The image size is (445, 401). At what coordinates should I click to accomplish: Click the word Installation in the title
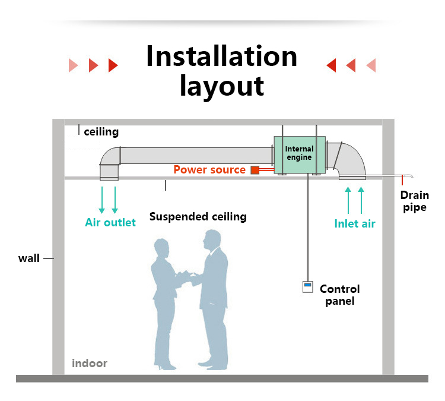(x=221, y=56)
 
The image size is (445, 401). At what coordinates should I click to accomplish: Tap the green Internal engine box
(x=300, y=154)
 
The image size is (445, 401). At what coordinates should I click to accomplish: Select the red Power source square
(x=255, y=170)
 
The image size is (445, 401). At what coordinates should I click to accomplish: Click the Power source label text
(x=209, y=170)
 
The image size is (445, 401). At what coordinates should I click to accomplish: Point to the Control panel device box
(x=307, y=287)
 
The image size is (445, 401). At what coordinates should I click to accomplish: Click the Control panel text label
(x=339, y=295)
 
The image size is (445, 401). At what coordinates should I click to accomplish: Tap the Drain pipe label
(x=414, y=201)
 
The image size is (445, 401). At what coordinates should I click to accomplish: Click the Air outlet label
(x=110, y=223)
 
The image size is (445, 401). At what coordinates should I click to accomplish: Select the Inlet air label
(x=354, y=224)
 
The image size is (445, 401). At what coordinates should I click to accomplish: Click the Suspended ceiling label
(x=198, y=216)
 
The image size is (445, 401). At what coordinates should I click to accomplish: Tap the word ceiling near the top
(x=101, y=132)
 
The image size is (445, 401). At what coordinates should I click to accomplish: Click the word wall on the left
(x=28, y=258)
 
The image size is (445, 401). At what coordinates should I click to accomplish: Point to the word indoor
(x=90, y=364)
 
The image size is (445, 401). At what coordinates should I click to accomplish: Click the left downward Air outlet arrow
(x=102, y=200)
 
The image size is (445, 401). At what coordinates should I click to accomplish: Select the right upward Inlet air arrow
(x=361, y=200)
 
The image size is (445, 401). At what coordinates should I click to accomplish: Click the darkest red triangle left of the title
(x=113, y=65)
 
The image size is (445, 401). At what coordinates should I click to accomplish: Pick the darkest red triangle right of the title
(x=331, y=65)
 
